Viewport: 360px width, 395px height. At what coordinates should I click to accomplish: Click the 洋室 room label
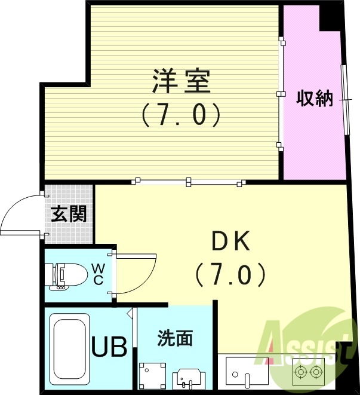[x=181, y=82]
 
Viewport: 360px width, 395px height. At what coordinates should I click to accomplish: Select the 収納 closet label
[x=315, y=99]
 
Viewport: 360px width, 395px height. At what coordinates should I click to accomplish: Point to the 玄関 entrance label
[x=69, y=214]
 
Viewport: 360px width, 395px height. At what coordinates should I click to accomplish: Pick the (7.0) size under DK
[x=230, y=275]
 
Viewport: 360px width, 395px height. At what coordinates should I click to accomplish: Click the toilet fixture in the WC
[x=66, y=275]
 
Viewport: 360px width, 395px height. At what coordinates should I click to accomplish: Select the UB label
[x=109, y=347]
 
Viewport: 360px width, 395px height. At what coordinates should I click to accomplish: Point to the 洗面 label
[x=175, y=338]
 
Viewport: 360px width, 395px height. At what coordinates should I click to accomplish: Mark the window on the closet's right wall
[x=344, y=99]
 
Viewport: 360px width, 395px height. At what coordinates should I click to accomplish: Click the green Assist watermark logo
[x=304, y=347]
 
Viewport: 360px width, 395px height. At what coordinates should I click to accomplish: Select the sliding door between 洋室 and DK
[x=189, y=180]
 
